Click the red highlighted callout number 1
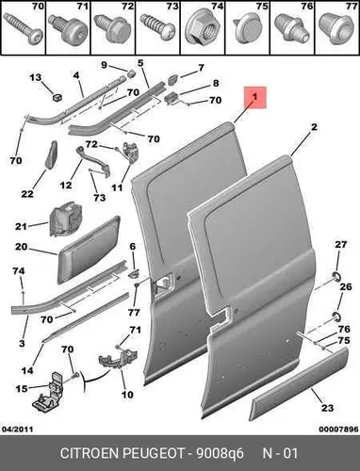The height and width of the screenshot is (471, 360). tap(254, 97)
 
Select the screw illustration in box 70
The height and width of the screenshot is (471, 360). tap(23, 30)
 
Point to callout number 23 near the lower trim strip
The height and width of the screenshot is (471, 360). tap(327, 408)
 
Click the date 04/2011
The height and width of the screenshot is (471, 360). tap(18, 429)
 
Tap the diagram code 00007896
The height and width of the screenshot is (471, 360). tap(338, 429)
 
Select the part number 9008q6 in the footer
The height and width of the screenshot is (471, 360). tap(220, 453)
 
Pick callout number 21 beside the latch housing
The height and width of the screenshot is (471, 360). tap(22, 226)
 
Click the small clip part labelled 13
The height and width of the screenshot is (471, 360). tap(57, 97)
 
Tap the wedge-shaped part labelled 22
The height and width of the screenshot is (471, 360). tap(52, 154)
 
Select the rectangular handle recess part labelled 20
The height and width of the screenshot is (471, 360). tap(89, 250)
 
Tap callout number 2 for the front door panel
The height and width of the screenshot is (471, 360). tap(314, 127)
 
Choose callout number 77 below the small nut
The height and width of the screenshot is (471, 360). tap(135, 313)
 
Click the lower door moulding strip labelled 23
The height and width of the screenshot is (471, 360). tap(299, 383)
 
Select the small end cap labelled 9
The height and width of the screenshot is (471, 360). tap(130, 73)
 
